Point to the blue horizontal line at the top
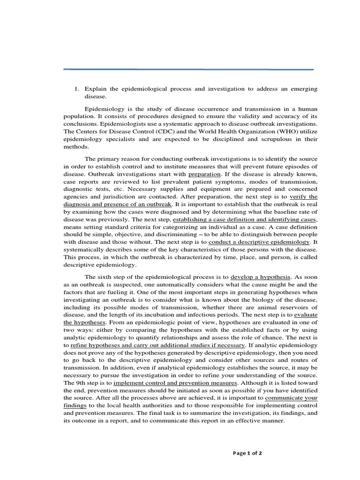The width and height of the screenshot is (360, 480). tap(188, 69)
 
